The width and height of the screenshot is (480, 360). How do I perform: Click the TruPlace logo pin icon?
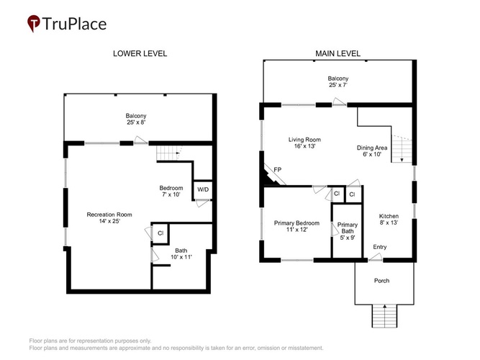(33, 23)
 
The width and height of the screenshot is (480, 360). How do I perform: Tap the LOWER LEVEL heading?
(140, 53)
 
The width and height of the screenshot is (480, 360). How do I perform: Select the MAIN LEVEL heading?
(338, 53)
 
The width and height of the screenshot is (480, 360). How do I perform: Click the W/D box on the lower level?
(203, 190)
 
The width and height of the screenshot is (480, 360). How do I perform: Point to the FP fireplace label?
(277, 169)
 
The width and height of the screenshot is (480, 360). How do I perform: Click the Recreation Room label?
(109, 215)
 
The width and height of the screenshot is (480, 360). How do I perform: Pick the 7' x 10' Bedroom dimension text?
(171, 194)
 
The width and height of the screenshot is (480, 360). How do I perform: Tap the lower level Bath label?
(181, 251)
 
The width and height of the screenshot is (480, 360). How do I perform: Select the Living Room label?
(304, 140)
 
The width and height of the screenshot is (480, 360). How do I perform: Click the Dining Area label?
(372, 148)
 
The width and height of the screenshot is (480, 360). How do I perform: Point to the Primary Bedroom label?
(296, 223)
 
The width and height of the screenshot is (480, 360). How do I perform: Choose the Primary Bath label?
(348, 228)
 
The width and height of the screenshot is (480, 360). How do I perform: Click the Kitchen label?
(389, 216)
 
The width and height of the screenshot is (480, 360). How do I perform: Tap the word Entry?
(379, 247)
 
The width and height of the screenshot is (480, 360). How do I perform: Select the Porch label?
(381, 281)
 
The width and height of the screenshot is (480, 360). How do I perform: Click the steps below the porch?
(384, 316)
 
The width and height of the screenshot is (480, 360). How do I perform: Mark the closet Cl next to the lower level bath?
(160, 233)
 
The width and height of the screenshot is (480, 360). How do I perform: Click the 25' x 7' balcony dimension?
(338, 85)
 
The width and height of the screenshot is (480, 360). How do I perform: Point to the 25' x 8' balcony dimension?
(136, 122)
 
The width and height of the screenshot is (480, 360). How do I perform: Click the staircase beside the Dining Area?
(402, 148)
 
